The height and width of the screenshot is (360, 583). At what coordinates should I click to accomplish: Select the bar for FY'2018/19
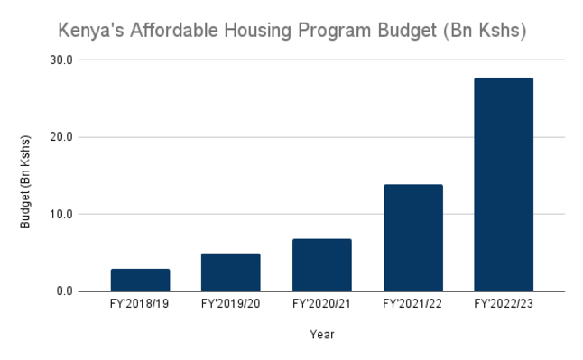(x=140, y=280)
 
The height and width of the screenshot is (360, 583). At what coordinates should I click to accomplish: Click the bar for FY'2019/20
(x=230, y=272)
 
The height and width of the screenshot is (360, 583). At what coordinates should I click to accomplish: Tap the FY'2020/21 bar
(x=322, y=265)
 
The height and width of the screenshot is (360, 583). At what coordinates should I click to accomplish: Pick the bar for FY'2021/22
(x=413, y=238)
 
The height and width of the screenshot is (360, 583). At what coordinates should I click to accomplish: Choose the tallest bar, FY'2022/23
(x=504, y=184)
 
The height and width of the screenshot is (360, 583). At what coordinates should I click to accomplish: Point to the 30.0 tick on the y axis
(x=61, y=60)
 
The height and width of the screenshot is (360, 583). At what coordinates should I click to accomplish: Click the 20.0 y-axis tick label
(x=61, y=137)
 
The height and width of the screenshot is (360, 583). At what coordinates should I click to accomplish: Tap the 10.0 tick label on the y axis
(x=61, y=214)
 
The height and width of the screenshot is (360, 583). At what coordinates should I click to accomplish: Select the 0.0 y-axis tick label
(x=65, y=291)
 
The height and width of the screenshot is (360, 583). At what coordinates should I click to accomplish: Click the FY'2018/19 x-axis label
(x=139, y=304)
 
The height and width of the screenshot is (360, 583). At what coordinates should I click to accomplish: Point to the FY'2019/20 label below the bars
(x=230, y=304)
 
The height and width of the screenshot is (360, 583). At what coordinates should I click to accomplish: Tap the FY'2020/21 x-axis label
(x=321, y=304)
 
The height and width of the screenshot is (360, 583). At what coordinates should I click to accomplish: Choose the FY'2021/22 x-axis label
(x=412, y=304)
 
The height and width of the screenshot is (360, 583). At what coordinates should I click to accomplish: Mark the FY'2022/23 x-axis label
(x=504, y=304)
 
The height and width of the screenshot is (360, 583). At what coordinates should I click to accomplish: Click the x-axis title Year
(x=322, y=335)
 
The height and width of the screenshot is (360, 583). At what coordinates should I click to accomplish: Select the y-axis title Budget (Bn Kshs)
(x=25, y=182)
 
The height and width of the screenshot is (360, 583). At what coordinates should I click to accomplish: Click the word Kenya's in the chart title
(x=91, y=31)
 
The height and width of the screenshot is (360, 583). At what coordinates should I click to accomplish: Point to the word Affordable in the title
(x=174, y=30)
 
